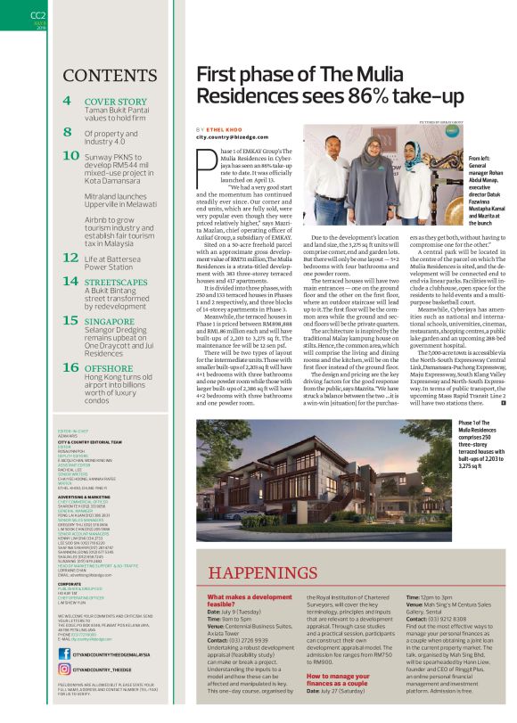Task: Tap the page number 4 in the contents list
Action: pos(68,102)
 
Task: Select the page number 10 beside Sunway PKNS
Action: pos(70,155)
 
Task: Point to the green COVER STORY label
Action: pos(115,102)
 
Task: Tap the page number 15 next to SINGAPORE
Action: pos(70,318)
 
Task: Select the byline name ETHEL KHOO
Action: pos(229,130)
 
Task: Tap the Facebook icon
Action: pos(63,654)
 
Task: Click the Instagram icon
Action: pos(63,668)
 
